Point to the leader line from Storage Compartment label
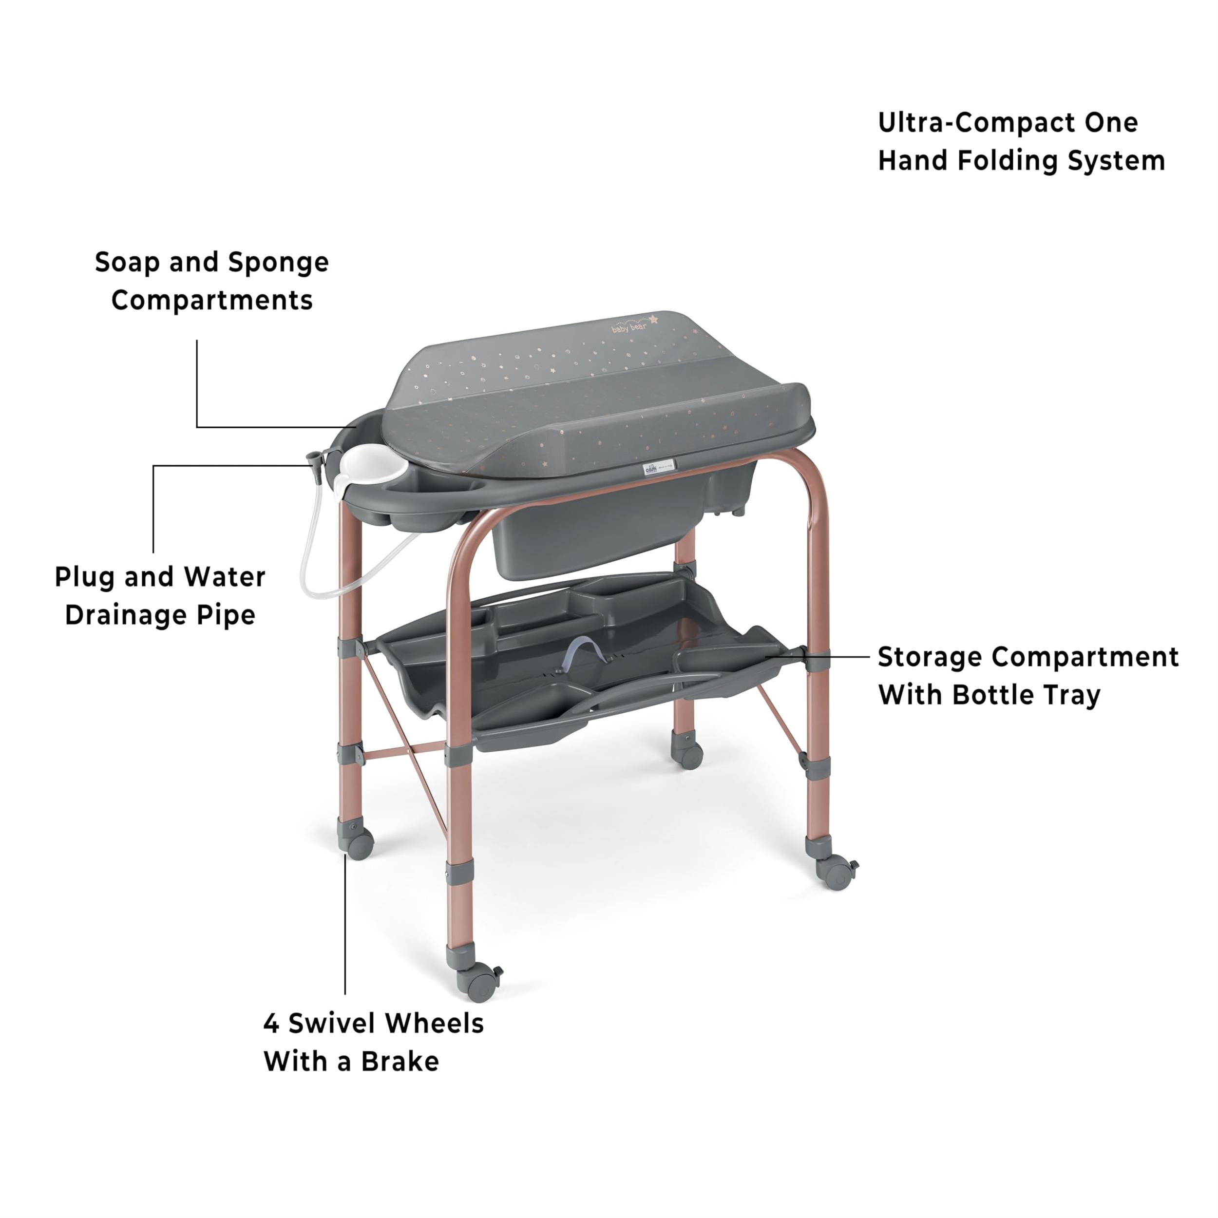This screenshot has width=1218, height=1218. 817,656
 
